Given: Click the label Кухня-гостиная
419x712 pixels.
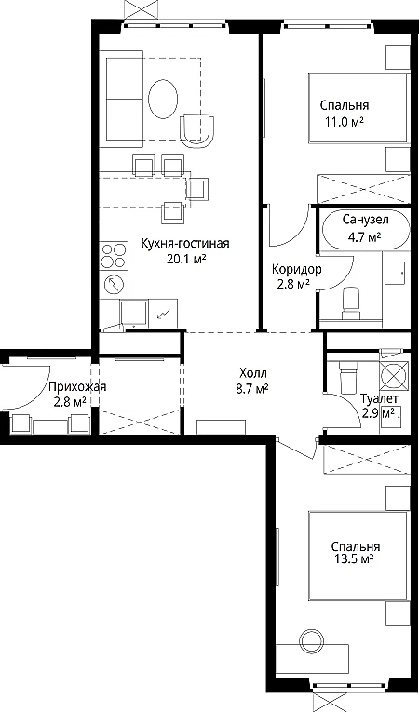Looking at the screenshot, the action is point(185,243).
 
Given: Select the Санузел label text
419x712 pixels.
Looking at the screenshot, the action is point(365,221).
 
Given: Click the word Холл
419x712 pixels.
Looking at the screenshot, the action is point(254,374).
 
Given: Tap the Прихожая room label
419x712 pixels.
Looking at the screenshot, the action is point(77,387).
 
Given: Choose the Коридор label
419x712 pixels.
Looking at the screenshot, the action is point(297,269).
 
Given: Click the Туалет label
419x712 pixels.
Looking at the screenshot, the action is point(380,399).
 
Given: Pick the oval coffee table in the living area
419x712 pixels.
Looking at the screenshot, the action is point(163,99).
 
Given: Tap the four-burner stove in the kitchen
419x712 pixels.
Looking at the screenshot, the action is point(114,256).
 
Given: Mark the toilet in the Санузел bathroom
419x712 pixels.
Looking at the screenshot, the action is point(350,301).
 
